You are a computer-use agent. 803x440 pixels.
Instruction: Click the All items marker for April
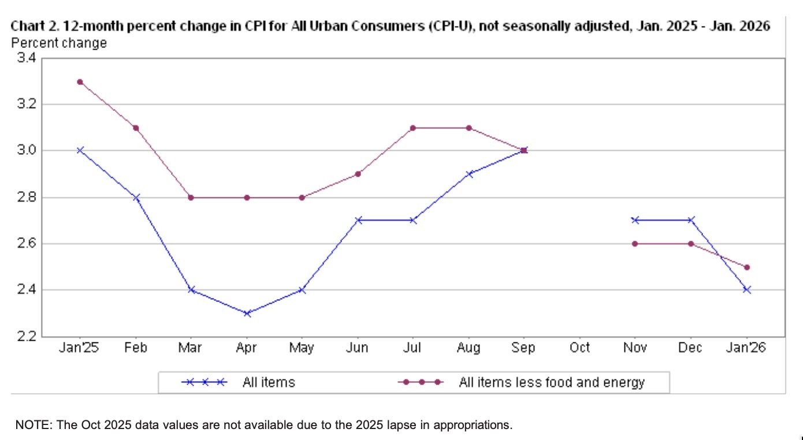tap(247, 314)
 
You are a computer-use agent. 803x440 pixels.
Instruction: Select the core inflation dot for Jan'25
tap(80, 82)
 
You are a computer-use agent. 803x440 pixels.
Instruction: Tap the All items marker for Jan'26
tap(747, 290)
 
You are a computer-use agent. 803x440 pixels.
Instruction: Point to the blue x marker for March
tap(191, 290)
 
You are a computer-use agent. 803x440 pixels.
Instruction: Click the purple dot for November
tap(635, 244)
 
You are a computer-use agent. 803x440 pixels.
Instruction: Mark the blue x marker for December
tap(690, 220)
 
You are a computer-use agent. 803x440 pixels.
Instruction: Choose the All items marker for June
tap(358, 220)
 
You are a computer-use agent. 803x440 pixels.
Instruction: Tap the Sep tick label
tap(523, 348)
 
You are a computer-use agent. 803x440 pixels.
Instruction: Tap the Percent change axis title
tap(59, 43)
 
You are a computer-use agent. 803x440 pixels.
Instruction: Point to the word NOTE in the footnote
tap(32, 426)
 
